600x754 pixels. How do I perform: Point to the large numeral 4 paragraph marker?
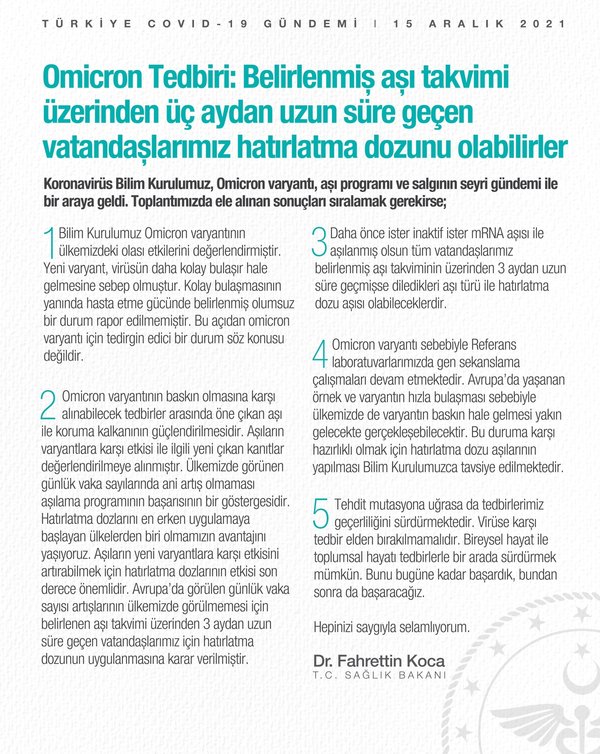[x=321, y=354]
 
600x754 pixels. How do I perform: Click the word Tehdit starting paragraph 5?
[x=354, y=501]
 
